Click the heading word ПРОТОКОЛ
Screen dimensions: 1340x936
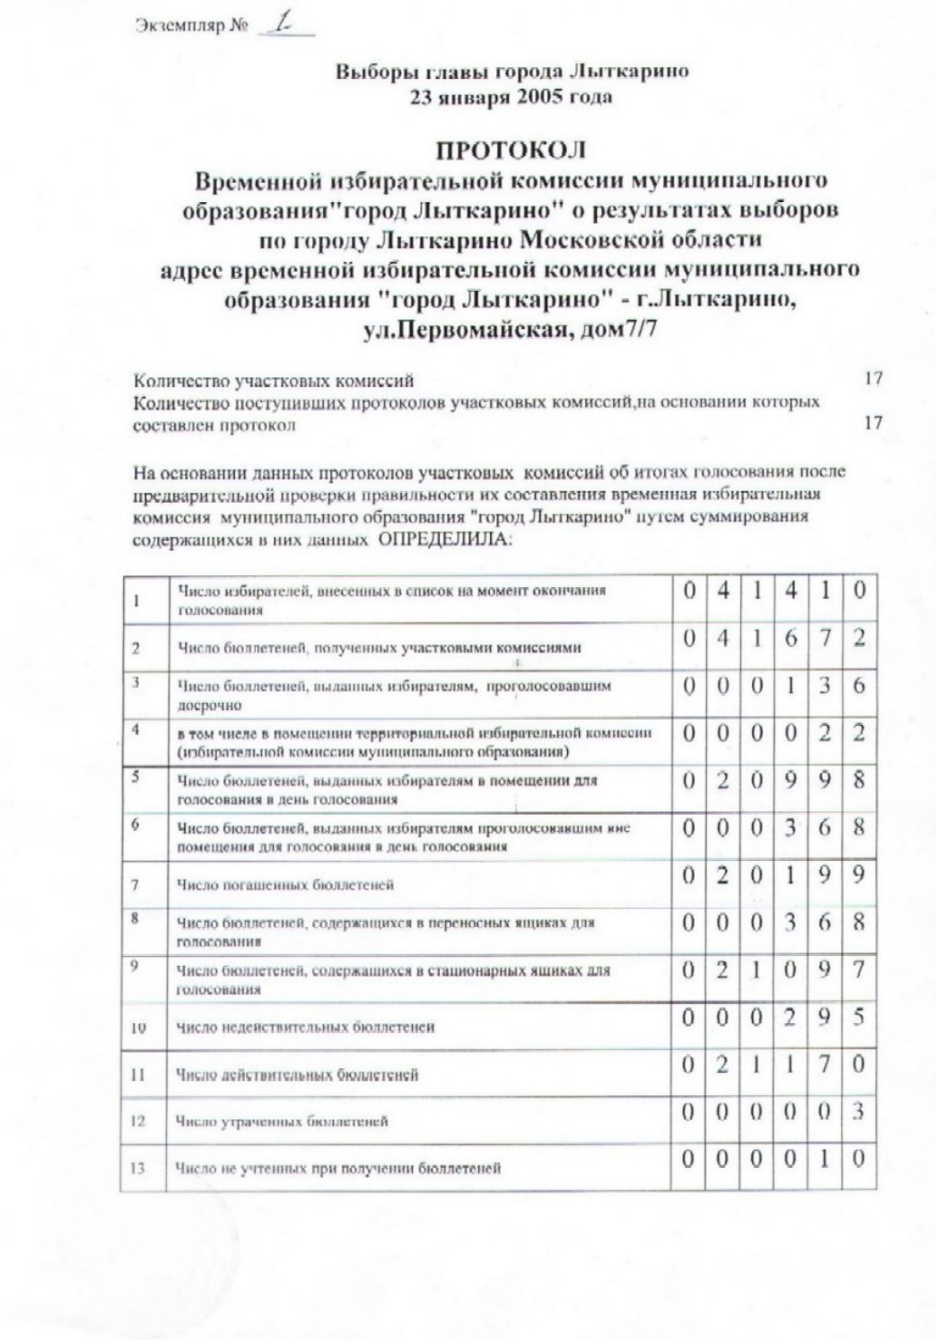pos(511,149)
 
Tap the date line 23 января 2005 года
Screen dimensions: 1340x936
pos(511,98)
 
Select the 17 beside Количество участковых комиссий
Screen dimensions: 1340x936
pos(872,379)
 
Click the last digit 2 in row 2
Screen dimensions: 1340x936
pos(859,638)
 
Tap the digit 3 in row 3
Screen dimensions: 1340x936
pos(825,686)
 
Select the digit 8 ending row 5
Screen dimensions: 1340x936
pos(859,780)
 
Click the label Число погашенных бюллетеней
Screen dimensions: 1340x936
pos(285,886)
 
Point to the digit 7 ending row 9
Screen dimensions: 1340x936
pos(859,969)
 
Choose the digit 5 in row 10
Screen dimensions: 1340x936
pos(859,1017)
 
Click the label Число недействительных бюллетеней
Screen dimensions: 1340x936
pos(305,1027)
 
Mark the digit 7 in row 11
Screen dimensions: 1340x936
pos(825,1064)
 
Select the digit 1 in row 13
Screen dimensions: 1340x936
pos(825,1159)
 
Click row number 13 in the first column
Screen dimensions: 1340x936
pos(137,1168)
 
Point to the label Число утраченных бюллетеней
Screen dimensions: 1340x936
pos(283,1121)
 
